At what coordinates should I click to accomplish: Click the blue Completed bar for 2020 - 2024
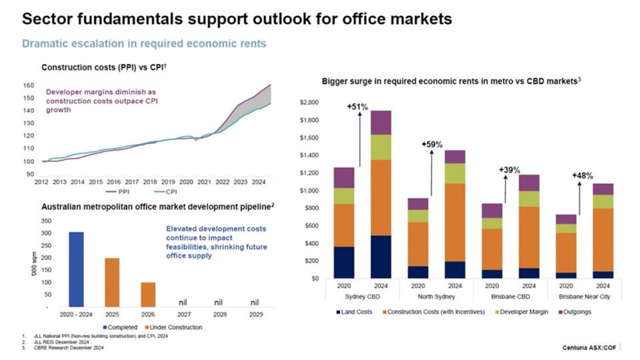pyautogui.click(x=76, y=269)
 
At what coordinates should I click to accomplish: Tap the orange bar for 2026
pyautogui.click(x=147, y=295)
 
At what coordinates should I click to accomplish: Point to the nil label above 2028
pyautogui.click(x=219, y=302)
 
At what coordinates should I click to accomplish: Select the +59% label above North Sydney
pyautogui.click(x=431, y=145)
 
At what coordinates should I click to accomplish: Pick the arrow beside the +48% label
pyautogui.click(x=579, y=198)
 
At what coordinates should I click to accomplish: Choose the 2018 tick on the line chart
pyautogui.click(x=150, y=181)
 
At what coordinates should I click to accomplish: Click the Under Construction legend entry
pyautogui.click(x=174, y=327)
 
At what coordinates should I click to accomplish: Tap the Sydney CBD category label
pyautogui.click(x=362, y=297)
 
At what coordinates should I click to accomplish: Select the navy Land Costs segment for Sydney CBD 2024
pyautogui.click(x=381, y=257)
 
